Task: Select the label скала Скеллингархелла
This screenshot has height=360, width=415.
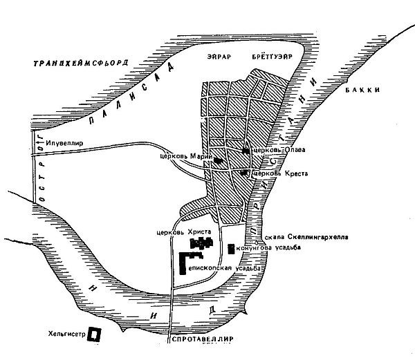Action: (x=304, y=237)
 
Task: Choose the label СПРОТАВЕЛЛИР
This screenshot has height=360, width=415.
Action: (x=202, y=340)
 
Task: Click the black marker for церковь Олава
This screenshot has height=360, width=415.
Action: (x=246, y=150)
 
